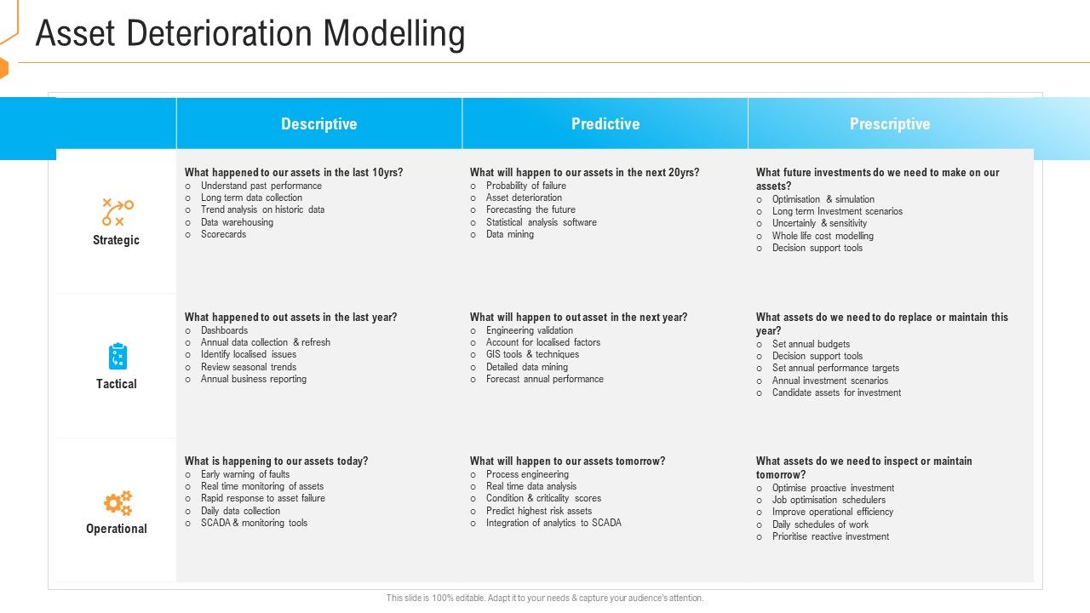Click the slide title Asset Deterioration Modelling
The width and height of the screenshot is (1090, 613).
pos(250,34)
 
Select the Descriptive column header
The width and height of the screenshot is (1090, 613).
pos(318,124)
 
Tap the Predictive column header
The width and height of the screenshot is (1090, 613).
pos(605,124)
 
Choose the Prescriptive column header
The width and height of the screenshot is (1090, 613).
pos(890,124)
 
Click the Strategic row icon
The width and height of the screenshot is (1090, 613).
pos(117,212)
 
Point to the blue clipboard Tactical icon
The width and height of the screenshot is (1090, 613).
pos(118,356)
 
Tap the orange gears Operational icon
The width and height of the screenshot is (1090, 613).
pos(118,502)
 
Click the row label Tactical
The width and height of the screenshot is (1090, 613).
pos(117,384)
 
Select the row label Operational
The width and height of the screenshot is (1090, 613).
pos(117,529)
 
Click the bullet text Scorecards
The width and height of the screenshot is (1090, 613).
pos(223,234)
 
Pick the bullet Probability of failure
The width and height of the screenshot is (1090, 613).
pos(525,186)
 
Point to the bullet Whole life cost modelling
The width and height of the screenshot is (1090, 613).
pos(823,236)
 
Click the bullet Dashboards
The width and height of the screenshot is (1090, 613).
pos(224,330)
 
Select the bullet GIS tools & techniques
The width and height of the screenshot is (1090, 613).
pos(532,354)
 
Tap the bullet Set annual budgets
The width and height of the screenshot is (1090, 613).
pos(811,344)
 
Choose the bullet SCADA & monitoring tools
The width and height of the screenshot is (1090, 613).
pos(254,523)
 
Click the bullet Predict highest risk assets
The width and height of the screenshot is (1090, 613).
pos(538,511)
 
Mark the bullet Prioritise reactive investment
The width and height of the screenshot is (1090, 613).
pos(830,536)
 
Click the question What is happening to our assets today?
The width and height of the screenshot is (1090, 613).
pos(277,461)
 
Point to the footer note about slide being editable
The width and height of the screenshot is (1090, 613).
pos(545,599)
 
